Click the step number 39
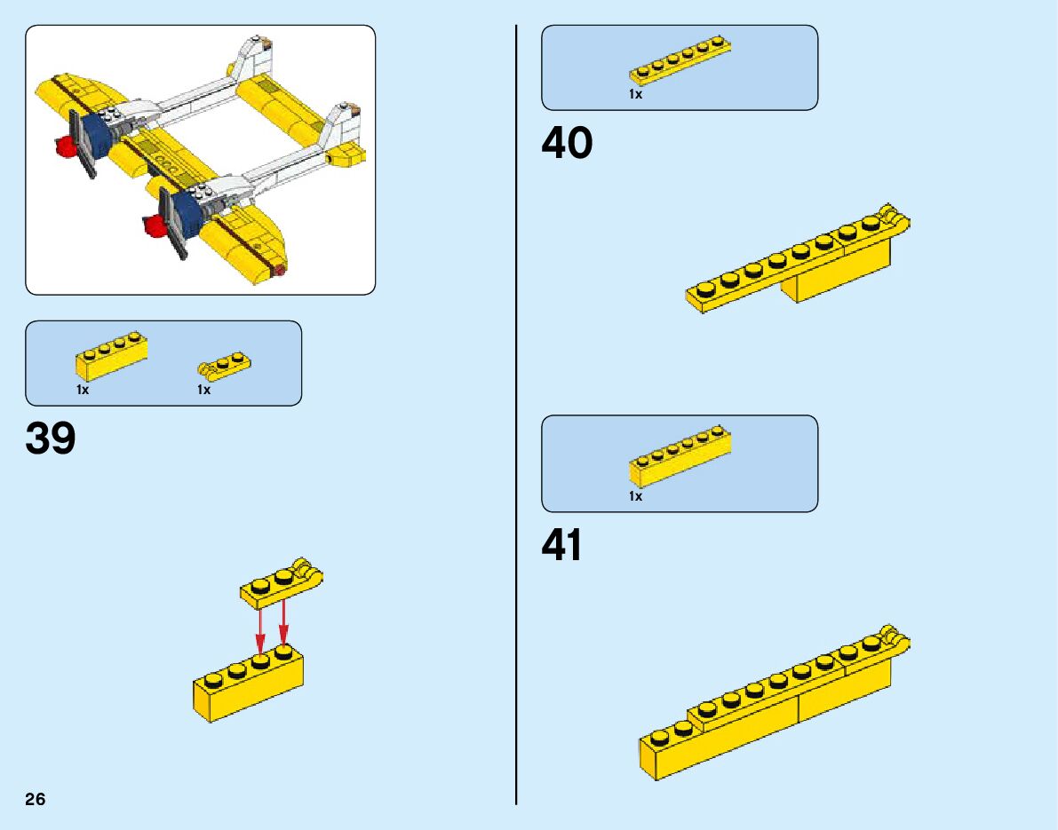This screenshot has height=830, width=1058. coord(51,439)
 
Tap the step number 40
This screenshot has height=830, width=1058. coord(567,144)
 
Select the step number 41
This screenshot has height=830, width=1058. coord(562,545)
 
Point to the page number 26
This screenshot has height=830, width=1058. coord(35,799)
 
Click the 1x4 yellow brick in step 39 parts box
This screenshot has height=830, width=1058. coord(111,356)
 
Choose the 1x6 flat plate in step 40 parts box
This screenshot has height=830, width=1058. coord(680,64)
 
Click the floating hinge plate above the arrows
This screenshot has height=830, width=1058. coord(281,585)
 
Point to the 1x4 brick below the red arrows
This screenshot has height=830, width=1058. coord(248,686)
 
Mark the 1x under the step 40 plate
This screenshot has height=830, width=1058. coord(635,94)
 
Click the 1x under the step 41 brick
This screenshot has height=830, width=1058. coord(635,497)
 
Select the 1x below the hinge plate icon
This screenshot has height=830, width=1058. coord(203,390)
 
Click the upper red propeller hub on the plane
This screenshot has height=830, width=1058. coord(63,145)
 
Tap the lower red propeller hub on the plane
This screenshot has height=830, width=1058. coord(155,226)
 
